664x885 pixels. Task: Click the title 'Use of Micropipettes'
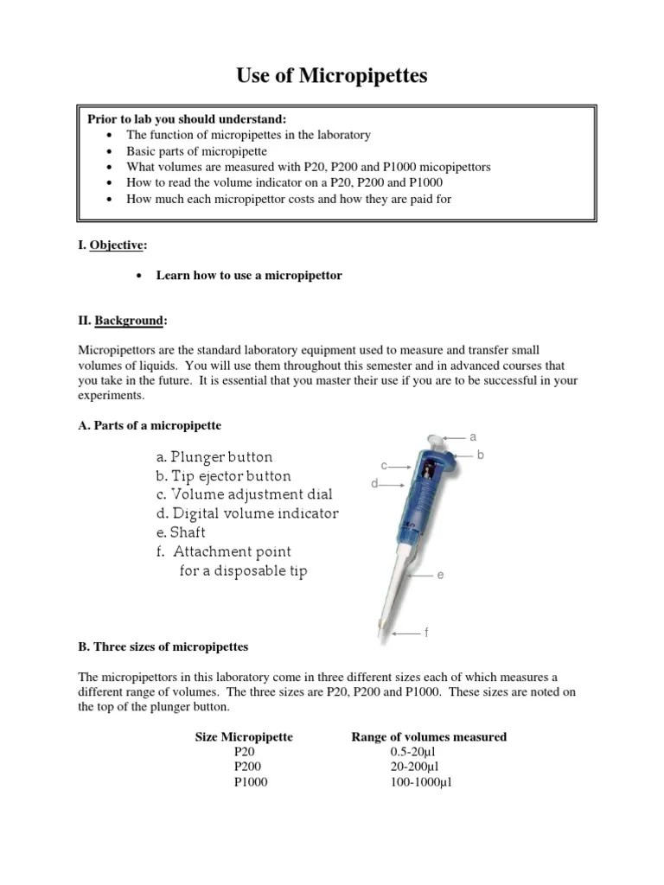click(x=332, y=77)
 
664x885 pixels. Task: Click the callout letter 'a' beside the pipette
click(x=473, y=436)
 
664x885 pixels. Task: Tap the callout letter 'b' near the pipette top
click(x=482, y=454)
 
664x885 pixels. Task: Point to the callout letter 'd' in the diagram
click(x=374, y=484)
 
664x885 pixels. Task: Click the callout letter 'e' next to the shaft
click(x=440, y=575)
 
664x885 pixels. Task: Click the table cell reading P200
click(x=247, y=766)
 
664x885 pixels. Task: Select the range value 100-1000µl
click(x=421, y=782)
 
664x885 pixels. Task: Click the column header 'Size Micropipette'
click(x=244, y=736)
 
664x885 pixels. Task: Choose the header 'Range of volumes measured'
click(x=429, y=736)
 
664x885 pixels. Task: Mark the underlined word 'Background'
click(x=128, y=321)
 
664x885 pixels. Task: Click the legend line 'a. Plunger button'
click(x=214, y=456)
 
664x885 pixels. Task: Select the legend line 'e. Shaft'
click(x=181, y=532)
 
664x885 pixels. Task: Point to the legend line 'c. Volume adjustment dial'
click(x=244, y=494)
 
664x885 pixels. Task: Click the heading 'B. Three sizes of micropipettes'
click(x=163, y=646)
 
